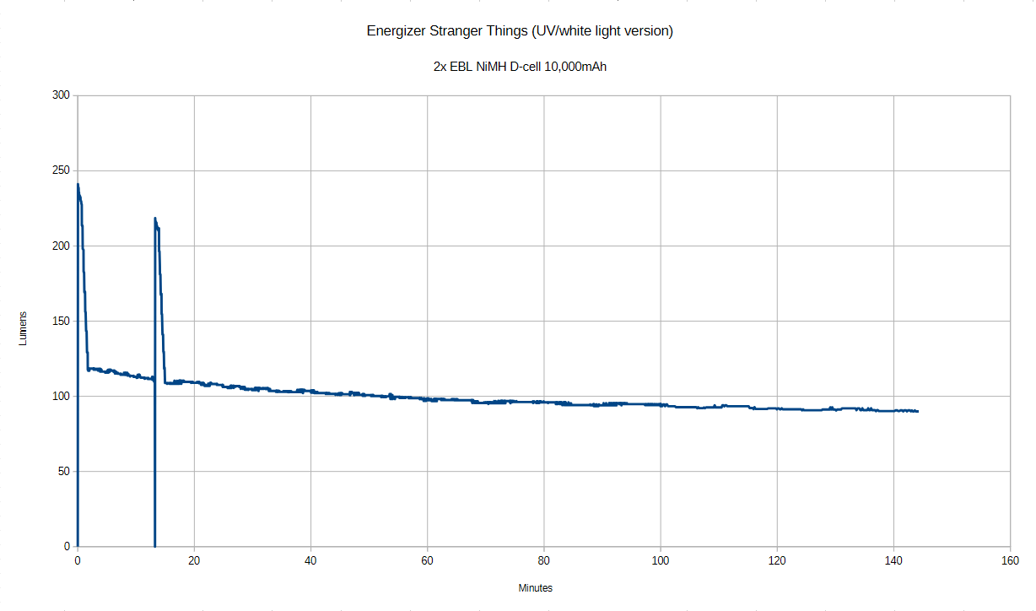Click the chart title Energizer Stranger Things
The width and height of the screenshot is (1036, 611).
point(519,31)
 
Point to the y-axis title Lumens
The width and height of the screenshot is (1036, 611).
point(24,330)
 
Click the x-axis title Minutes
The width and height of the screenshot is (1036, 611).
point(536,588)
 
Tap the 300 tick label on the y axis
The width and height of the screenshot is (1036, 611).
point(61,95)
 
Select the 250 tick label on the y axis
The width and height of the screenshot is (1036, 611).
point(61,170)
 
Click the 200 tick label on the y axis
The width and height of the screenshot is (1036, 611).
point(61,246)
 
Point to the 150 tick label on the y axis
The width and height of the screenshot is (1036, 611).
point(61,321)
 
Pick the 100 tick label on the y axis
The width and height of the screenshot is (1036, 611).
point(61,396)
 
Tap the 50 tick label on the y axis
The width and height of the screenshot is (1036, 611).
point(63,471)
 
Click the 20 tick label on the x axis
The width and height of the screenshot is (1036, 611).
point(194,560)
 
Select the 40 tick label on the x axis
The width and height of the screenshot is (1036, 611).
point(310,560)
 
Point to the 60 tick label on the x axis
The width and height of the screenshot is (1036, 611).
point(428,560)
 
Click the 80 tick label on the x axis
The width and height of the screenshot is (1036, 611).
point(544,560)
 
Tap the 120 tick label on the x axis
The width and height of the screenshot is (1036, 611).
point(777,560)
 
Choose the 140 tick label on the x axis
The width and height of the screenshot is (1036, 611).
point(894,560)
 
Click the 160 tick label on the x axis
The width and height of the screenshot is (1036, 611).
point(1011,560)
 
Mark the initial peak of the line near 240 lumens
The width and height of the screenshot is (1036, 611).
point(78,185)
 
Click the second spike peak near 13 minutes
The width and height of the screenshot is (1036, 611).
point(155,219)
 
